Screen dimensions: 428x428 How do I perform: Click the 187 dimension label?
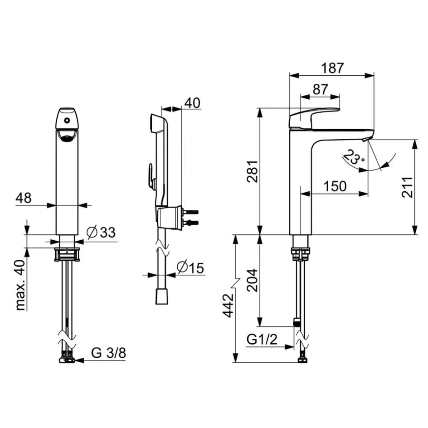(332, 68)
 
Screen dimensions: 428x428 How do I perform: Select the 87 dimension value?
(320, 89)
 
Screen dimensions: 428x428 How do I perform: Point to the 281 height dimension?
(253, 171)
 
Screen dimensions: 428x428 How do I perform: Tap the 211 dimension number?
(407, 187)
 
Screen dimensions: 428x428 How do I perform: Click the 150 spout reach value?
(335, 186)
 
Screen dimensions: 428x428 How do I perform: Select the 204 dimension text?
(253, 280)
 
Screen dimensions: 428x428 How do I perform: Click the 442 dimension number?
(228, 306)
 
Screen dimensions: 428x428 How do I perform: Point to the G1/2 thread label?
(262, 340)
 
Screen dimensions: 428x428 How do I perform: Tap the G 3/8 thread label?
(108, 353)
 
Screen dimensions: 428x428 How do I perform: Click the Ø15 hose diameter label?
(190, 268)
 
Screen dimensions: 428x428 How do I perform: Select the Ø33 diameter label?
(101, 232)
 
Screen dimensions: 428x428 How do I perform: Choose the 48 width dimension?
(24, 198)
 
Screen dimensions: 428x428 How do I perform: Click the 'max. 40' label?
(21, 285)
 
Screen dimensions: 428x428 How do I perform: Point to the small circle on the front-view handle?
(67, 120)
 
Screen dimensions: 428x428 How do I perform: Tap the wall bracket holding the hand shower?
(169, 217)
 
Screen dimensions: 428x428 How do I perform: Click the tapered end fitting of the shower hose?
(162, 297)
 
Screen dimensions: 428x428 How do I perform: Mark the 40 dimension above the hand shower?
(192, 103)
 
